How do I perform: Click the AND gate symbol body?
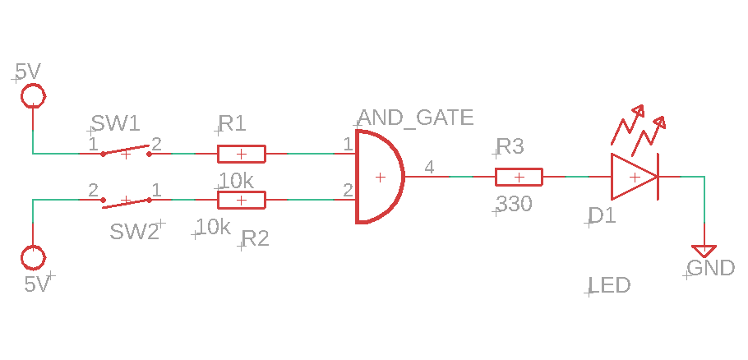coord(377,177)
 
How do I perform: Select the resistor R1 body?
coord(241,154)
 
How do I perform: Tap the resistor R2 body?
coord(241,200)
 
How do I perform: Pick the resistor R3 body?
coord(519,177)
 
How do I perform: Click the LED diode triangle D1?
coord(633,177)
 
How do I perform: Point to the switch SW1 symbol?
coord(126,152)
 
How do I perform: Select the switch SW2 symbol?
coord(126,200)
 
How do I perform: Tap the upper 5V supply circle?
coord(33,95)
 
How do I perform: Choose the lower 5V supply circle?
coord(33,258)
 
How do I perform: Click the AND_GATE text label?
coord(416,118)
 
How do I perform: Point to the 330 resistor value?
coord(515,205)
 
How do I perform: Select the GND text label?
coord(711,268)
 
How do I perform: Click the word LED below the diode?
coord(610,286)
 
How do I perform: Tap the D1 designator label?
coord(602,216)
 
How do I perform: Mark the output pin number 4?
coord(429,168)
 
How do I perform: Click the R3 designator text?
coord(510,147)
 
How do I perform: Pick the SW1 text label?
coord(115,124)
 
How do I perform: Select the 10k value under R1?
coord(237,180)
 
